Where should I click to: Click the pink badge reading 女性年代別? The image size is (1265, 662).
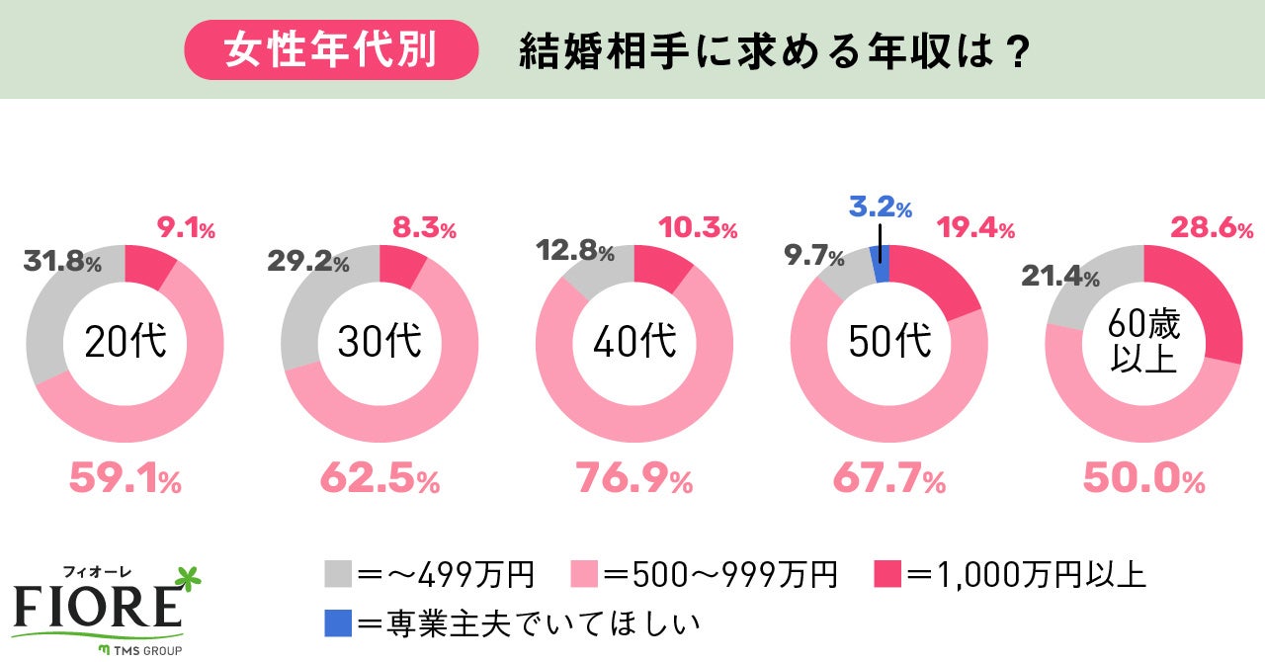click(x=331, y=50)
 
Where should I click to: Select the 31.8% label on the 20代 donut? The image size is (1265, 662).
click(x=61, y=264)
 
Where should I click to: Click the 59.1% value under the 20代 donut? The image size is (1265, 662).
click(x=125, y=480)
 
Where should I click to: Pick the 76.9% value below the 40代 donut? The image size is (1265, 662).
click(x=633, y=480)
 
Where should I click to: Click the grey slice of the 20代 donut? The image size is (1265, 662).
click(x=55, y=316)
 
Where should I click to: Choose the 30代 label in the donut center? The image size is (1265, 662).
click(x=379, y=342)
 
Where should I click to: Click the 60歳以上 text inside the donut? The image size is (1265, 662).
click(x=1143, y=341)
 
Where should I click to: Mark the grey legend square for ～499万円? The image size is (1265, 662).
click(x=336, y=574)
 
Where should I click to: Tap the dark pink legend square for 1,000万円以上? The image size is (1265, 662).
click(x=887, y=574)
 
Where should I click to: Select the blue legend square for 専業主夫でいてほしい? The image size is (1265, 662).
click(x=336, y=623)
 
